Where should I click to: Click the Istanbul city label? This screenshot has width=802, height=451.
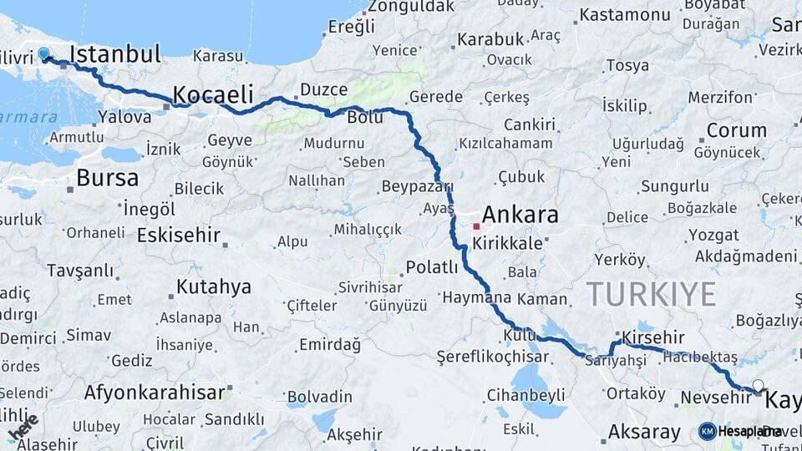click(x=115, y=55)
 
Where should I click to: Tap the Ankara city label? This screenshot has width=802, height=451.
click(x=520, y=215)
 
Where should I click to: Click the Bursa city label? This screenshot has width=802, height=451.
click(x=107, y=178)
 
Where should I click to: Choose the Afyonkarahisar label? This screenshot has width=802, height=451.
click(x=155, y=392)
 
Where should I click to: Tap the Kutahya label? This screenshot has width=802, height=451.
click(x=213, y=287)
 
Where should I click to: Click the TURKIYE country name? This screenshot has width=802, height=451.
click(x=651, y=294)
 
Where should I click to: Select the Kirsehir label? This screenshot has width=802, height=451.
click(x=654, y=337)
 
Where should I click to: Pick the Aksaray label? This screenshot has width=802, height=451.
click(x=644, y=432)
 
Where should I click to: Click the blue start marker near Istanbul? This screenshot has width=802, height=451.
click(x=43, y=54)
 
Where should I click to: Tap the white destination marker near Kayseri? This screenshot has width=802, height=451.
click(x=758, y=386)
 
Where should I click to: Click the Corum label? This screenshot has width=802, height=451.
click(x=736, y=130)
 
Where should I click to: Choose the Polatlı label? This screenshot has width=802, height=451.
click(x=432, y=267)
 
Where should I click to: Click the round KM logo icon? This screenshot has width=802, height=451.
click(x=708, y=431)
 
